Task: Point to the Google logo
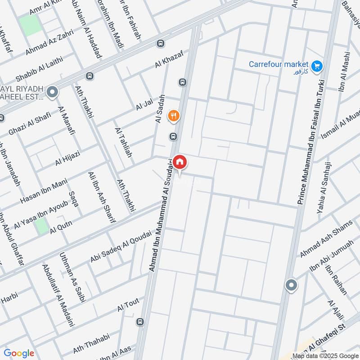[x=19, y=353]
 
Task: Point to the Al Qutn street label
[x=61, y=228]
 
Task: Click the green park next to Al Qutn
[x=42, y=226]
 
